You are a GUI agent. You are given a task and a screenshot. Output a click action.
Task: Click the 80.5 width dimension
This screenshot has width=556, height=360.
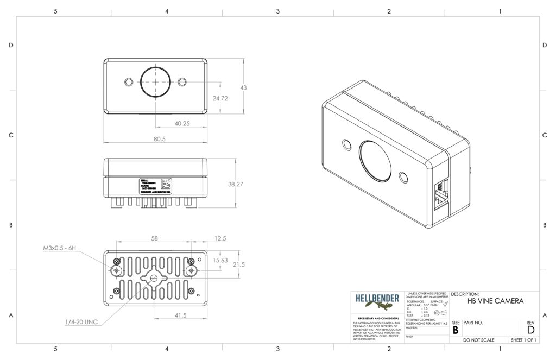(x=159, y=139)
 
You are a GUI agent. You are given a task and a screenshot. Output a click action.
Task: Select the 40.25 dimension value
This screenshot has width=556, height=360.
(x=182, y=123)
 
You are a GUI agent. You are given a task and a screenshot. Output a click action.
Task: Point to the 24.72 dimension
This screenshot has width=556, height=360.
(x=220, y=98)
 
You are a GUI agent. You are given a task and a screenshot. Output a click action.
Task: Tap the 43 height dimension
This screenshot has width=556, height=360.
(x=243, y=87)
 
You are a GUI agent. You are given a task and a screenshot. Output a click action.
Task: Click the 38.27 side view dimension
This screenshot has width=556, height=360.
(x=235, y=184)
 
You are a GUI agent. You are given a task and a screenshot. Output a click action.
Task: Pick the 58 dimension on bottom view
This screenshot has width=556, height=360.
(x=154, y=238)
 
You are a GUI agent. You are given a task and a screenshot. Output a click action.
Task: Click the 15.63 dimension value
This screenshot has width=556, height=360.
(x=220, y=260)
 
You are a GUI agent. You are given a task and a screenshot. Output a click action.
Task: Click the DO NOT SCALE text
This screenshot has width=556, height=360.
(x=478, y=340)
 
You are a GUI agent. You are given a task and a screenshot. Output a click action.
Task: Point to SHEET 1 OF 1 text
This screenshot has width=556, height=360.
(x=523, y=340)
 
